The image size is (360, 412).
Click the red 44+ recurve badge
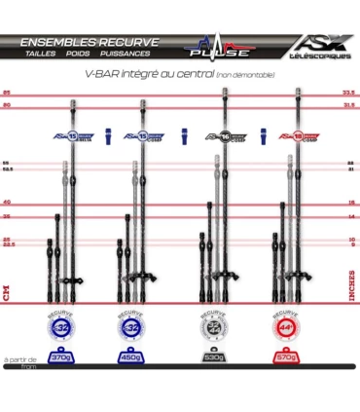click(286, 327)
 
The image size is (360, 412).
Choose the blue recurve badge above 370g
click(62, 327)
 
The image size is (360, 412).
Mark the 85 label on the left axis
click(6, 91)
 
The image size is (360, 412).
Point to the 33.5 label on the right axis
click(348, 91)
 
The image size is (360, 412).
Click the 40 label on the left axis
click(6, 202)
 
